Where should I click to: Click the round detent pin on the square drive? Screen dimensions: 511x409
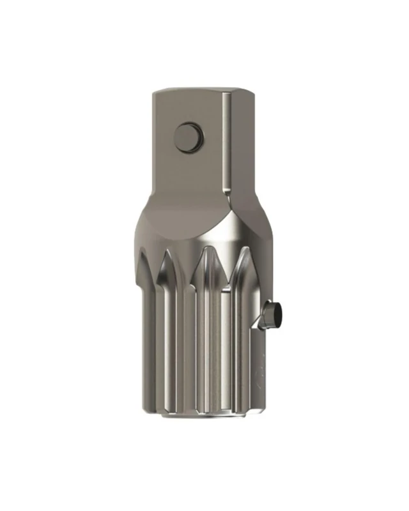coord(189,137)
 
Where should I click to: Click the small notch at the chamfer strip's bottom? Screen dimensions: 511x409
coord(225,192)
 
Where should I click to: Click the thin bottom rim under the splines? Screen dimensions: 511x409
coord(201,417)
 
